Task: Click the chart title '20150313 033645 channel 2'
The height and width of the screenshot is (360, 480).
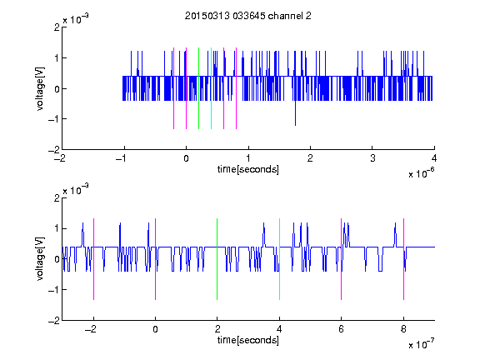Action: [248, 16]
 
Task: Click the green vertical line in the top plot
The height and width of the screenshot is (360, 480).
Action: [198, 88]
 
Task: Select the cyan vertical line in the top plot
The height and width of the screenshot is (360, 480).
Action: [211, 88]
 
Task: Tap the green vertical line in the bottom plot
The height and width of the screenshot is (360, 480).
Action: [217, 259]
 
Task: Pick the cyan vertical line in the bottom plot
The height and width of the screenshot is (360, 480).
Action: [279, 259]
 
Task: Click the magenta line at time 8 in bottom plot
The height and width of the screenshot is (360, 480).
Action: [404, 259]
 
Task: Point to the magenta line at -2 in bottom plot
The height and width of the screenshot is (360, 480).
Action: [93, 259]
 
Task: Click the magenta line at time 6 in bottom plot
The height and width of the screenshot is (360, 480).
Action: [342, 259]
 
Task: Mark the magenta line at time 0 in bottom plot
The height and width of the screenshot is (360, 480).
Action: [156, 259]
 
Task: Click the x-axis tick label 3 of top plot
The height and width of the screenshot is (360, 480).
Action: [372, 158]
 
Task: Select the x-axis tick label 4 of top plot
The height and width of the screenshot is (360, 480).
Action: [434, 158]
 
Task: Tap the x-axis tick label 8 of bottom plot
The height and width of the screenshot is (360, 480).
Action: [403, 329]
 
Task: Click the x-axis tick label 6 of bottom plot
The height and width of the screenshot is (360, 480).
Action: [342, 329]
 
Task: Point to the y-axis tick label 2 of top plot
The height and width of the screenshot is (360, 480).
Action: [57, 27]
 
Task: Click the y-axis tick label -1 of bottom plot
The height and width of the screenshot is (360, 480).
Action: [54, 290]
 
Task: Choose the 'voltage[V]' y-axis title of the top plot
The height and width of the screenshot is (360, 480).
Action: [40, 88]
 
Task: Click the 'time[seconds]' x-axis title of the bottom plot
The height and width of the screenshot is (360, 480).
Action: [248, 340]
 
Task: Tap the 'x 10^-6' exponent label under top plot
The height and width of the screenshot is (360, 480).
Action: [421, 173]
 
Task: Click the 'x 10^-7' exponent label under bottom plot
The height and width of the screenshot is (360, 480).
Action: [421, 344]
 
